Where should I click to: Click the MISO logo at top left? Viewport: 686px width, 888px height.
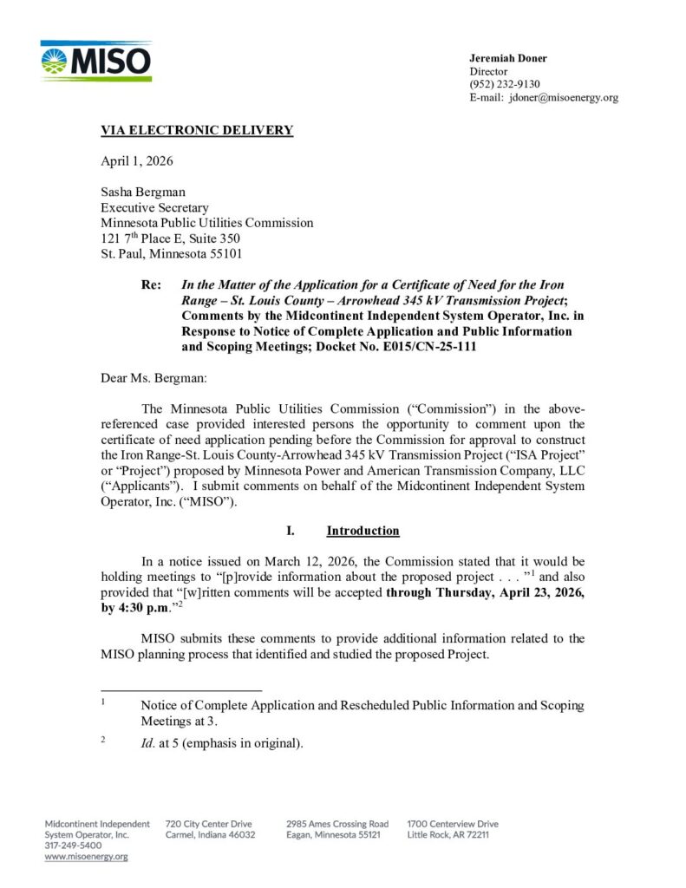[x=95, y=61]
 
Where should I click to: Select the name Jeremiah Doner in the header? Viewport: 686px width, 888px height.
[x=508, y=58]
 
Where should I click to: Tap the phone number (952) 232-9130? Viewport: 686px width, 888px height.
[x=505, y=84]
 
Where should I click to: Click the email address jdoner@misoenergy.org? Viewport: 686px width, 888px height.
[x=563, y=97]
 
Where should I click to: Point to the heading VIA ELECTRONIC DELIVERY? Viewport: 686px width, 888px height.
[x=197, y=131]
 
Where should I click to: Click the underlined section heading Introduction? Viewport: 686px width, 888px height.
[x=363, y=531]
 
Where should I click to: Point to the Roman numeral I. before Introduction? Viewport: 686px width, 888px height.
[x=291, y=531]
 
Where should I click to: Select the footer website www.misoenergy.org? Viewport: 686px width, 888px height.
[x=86, y=857]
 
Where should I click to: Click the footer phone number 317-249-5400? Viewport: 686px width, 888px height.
[x=73, y=846]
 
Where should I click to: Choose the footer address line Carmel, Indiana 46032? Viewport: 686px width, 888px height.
[x=210, y=834]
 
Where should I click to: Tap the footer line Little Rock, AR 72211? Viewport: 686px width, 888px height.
[x=448, y=834]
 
